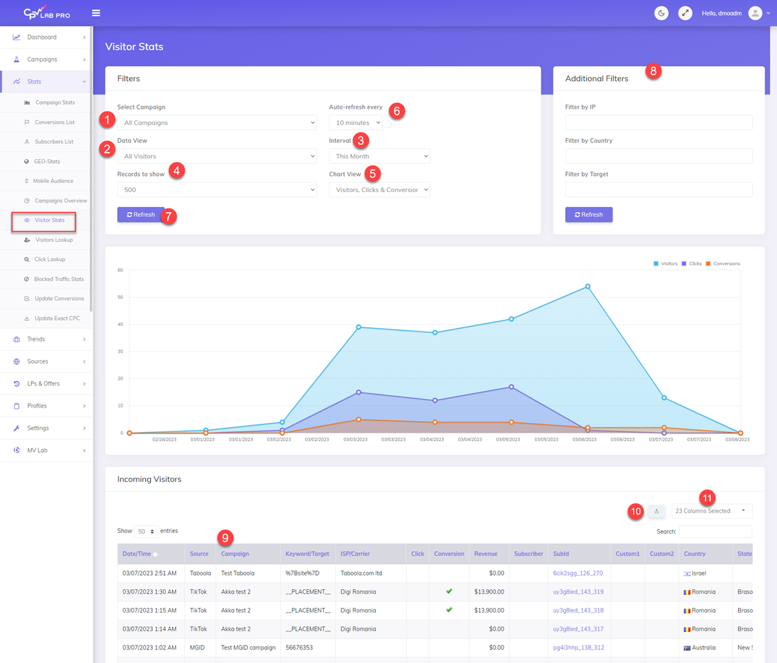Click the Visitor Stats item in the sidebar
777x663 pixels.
[x=49, y=221]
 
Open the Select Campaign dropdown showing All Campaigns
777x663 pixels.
[x=217, y=123]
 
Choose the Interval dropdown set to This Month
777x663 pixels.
[x=379, y=157]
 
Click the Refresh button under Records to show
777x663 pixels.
[x=141, y=215]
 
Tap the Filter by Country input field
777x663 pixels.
[x=659, y=156]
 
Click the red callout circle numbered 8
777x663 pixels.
[x=653, y=71]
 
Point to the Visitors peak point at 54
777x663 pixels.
[x=588, y=287]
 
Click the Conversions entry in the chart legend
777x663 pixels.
[x=723, y=264]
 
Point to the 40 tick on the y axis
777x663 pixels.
[x=120, y=325]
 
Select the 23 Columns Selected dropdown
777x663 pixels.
[x=711, y=511]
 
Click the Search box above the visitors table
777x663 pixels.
[x=715, y=532]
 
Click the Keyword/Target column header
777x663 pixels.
[x=307, y=554]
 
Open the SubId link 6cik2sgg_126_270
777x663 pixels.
[x=578, y=573]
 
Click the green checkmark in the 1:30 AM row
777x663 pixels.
[x=449, y=591]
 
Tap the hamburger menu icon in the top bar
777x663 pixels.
[x=96, y=13]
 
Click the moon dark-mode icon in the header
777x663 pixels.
[x=661, y=13]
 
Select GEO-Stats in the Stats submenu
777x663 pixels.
[x=47, y=162]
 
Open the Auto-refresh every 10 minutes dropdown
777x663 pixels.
[x=355, y=123]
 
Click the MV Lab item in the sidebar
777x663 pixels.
[x=38, y=450]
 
